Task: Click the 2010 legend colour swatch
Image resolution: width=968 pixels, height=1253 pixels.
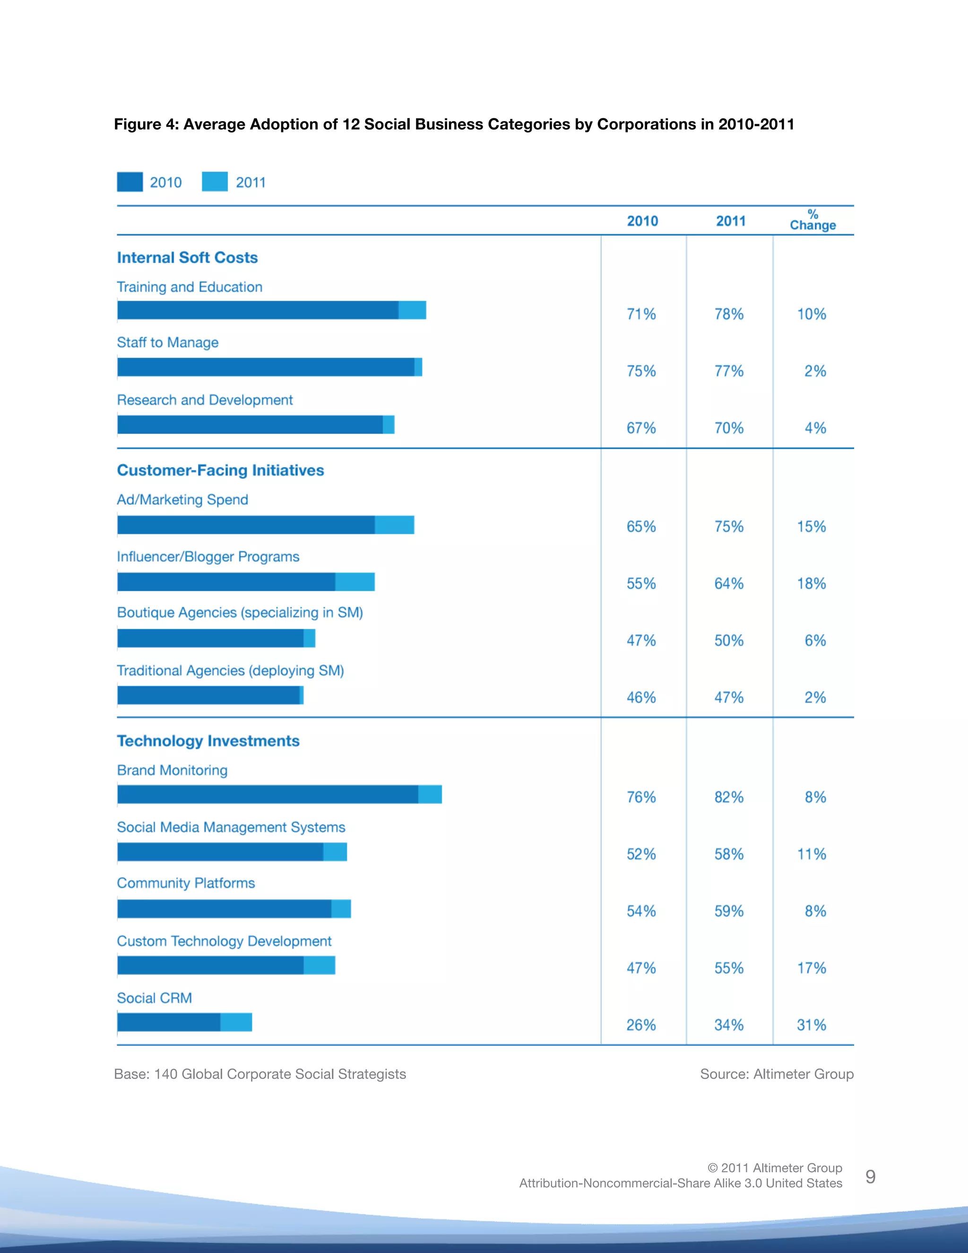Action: [130, 182]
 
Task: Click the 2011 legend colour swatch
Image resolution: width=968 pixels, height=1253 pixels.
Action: [215, 182]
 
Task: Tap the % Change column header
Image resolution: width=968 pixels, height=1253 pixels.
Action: [812, 220]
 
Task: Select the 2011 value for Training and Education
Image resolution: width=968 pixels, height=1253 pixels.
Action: [729, 314]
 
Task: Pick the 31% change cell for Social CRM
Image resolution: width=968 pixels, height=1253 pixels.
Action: [812, 1025]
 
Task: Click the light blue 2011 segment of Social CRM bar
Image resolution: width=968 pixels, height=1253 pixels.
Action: [236, 1022]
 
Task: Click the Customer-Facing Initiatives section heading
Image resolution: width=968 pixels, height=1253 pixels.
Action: [220, 470]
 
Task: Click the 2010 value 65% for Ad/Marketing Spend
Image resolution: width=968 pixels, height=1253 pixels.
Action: [640, 526]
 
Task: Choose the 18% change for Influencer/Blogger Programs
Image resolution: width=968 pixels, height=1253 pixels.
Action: [812, 583]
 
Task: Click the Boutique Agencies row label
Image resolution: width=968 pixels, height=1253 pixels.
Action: [240, 612]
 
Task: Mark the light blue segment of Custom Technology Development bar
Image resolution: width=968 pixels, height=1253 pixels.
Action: [320, 965]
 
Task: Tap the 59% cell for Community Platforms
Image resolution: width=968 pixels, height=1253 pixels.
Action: [729, 911]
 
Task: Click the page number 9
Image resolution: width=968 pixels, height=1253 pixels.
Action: [870, 1177]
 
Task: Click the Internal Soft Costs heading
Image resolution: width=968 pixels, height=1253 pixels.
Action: [188, 258]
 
